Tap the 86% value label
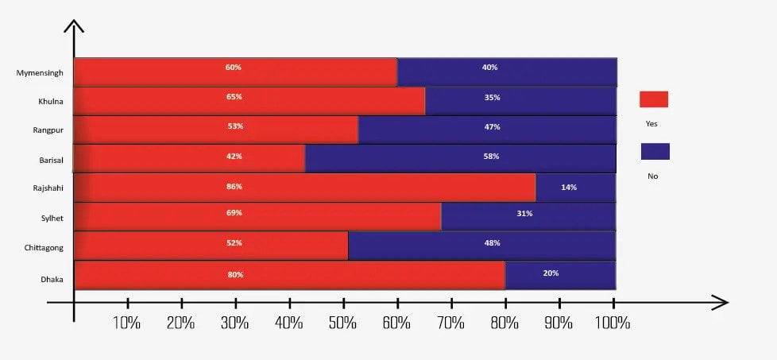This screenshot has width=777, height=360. (234, 187)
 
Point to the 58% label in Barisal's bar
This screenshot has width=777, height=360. (490, 157)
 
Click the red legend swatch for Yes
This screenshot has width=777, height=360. (653, 99)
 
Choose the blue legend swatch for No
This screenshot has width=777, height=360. (655, 151)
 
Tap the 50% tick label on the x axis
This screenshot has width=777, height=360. (342, 323)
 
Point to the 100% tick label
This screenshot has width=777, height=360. (613, 323)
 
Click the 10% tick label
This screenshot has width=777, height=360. (127, 323)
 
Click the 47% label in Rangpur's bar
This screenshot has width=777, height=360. (491, 127)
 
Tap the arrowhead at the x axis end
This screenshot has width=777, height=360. (721, 302)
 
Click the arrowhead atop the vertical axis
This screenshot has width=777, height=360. (74, 28)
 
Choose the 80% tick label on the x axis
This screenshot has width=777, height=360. (504, 323)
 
